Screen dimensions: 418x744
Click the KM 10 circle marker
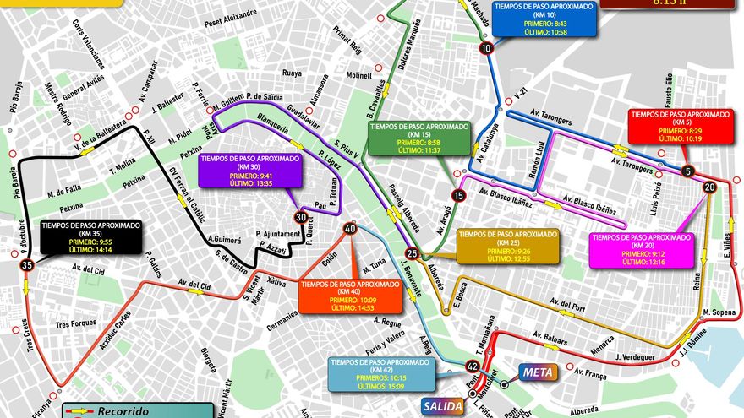coord(485,48)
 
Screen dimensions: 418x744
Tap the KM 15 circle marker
coord(458,195)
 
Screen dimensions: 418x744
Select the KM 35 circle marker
coord(27,265)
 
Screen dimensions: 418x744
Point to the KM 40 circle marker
coord(349,229)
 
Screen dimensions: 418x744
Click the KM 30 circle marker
coord(300,217)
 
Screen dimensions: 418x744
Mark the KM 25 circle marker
coord(412,253)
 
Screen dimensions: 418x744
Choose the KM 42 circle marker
coord(473,366)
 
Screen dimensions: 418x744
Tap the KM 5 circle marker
coord(687,171)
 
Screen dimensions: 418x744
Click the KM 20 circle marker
coord(709,187)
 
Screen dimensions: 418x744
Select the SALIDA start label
coord(442,406)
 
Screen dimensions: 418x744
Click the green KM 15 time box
coord(419,137)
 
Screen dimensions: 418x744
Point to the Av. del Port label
coord(566,301)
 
